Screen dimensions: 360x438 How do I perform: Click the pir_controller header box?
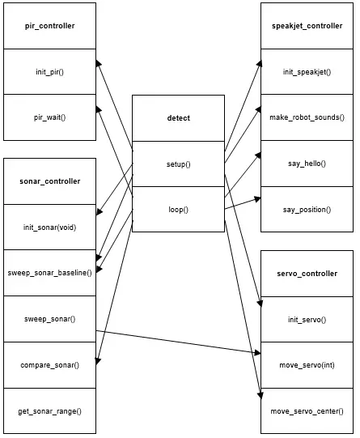[49, 26]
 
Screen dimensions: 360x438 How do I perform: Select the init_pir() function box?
[49, 72]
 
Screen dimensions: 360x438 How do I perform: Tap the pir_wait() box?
[49, 117]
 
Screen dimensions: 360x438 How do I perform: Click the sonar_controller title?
[49, 181]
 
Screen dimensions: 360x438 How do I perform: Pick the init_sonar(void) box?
[49, 228]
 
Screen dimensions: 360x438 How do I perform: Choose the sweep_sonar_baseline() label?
[49, 273]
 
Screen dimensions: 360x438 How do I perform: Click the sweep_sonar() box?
[49, 319]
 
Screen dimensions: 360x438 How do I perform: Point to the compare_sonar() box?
[49, 365]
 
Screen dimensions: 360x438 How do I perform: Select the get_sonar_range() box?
[49, 411]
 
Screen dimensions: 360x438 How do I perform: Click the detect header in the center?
[178, 118]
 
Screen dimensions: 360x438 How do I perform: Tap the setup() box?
[178, 164]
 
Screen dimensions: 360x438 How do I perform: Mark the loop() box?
[178, 209]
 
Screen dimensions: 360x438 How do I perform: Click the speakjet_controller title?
[307, 26]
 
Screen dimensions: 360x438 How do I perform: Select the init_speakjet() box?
[307, 72]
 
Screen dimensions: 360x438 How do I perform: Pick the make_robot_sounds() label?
[307, 117]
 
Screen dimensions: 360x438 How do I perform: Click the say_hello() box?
[307, 164]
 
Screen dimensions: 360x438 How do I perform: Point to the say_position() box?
[307, 209]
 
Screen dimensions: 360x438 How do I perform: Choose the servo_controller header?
[307, 274]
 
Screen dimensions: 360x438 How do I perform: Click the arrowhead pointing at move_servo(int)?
[257, 353]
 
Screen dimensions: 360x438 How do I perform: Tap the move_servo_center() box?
[307, 411]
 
